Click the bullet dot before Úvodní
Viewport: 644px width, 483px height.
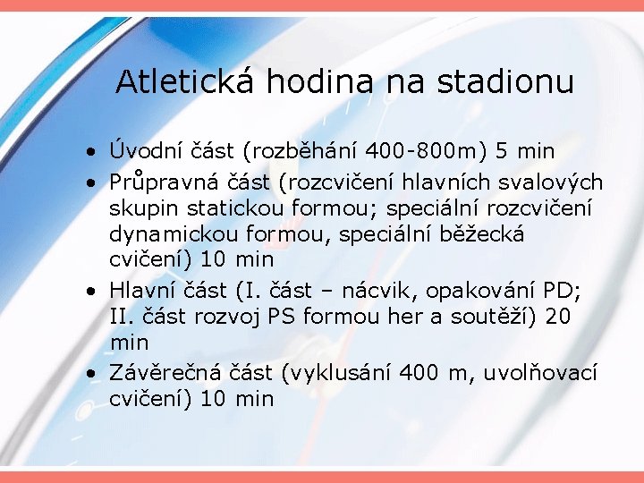tap(93, 151)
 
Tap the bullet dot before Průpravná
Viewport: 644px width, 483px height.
tap(93, 183)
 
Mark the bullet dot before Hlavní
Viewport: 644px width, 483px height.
tap(93, 292)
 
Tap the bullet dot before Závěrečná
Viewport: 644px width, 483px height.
tap(93, 373)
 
